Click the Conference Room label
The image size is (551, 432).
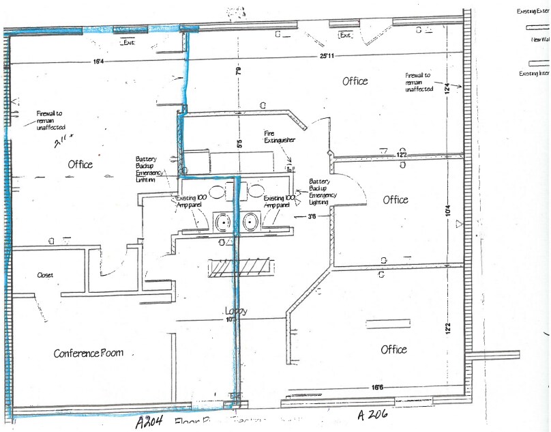click(89, 353)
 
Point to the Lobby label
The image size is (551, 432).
click(235, 311)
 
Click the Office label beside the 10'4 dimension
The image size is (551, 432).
click(396, 200)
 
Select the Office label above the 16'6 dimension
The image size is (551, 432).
click(393, 349)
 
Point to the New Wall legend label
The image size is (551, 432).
click(540, 40)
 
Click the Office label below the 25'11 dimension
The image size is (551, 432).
click(355, 81)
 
